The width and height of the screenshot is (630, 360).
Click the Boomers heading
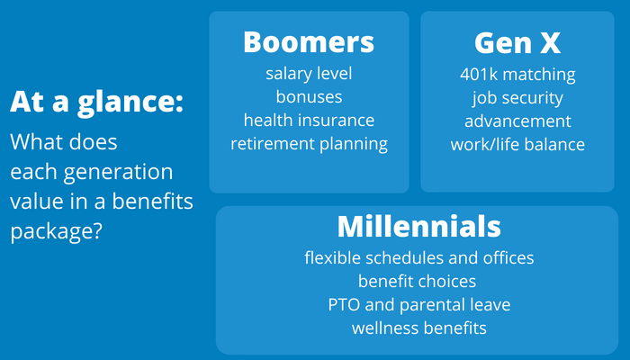point(309,41)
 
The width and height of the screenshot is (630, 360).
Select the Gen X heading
point(517,42)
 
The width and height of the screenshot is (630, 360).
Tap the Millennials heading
point(419,226)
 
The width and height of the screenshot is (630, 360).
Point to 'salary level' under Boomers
point(309,74)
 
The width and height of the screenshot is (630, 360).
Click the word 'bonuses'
point(309,97)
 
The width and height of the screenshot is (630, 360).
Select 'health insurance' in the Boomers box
point(309,120)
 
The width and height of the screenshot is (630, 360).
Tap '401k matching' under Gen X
point(517,75)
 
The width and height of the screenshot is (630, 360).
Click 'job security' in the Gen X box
point(517,98)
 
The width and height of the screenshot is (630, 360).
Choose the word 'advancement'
point(517,121)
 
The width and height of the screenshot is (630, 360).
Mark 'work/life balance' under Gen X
point(517,144)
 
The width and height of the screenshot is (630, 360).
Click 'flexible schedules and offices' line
point(419,257)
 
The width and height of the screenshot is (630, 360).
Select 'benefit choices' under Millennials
point(417,281)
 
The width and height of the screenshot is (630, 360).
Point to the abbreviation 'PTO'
point(345,304)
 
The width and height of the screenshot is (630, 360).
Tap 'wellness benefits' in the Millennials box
point(419,328)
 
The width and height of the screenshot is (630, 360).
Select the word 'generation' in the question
point(118,173)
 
